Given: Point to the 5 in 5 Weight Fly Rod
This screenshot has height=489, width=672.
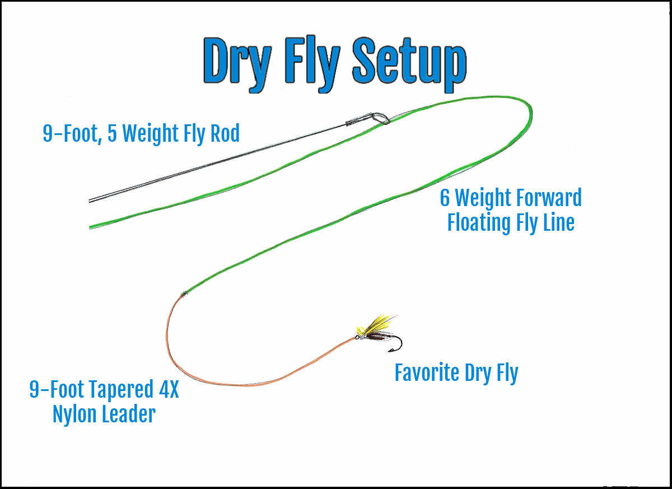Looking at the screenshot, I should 113,133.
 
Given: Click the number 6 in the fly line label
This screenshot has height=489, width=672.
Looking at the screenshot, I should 445,198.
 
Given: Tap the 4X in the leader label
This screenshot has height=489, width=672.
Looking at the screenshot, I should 166,390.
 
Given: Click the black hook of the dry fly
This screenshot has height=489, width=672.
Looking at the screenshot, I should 397,344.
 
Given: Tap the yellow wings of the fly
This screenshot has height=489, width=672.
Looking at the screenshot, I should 377,324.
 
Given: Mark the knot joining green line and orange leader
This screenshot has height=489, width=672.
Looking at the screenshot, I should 184,294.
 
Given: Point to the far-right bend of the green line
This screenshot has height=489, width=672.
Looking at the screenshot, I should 529,115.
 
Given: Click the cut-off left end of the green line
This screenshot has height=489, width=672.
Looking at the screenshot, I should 91,226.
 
